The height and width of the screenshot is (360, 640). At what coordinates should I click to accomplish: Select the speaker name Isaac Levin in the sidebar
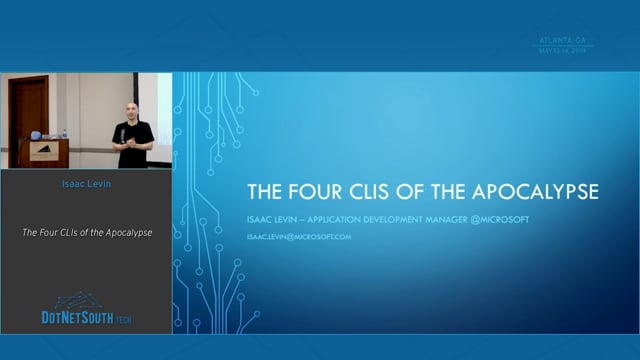[86, 184]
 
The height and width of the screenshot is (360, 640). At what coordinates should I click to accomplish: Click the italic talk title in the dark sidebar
[87, 233]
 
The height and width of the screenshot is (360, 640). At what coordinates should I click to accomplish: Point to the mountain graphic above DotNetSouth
[79, 300]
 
